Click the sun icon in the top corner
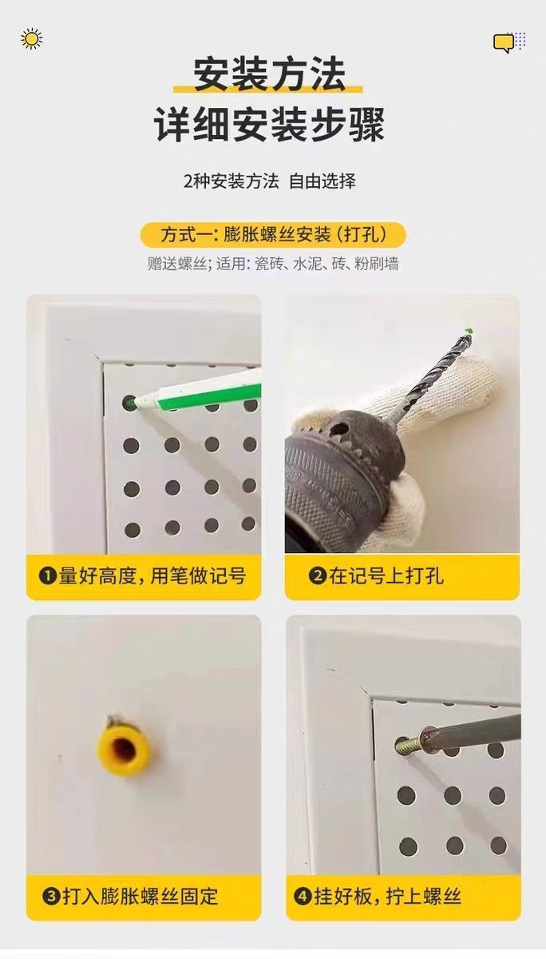[x=32, y=39]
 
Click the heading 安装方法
[x=269, y=74]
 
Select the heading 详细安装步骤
[x=269, y=124]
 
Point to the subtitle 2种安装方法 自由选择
[x=269, y=181]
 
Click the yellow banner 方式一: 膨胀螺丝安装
[x=273, y=235]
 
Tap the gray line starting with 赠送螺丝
[x=273, y=263]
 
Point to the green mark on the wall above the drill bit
[x=469, y=331]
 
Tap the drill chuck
[x=342, y=476]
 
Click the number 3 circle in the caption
[x=51, y=897]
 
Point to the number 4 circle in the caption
[x=303, y=897]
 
